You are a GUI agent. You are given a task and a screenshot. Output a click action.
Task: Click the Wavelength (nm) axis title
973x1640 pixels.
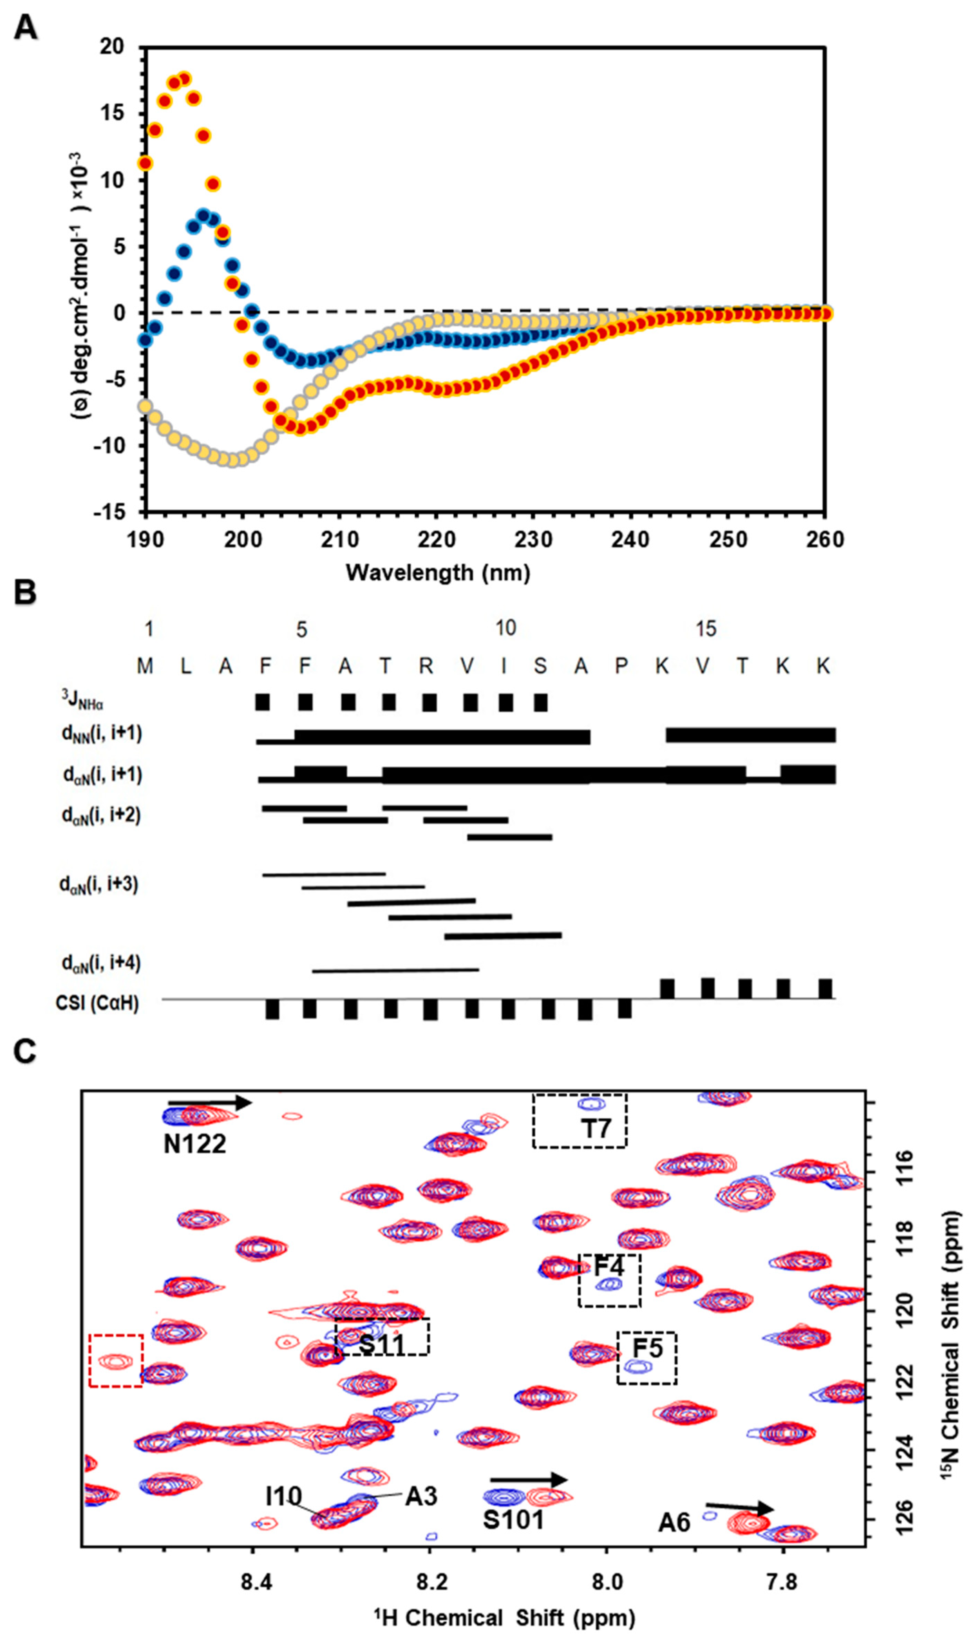(x=438, y=572)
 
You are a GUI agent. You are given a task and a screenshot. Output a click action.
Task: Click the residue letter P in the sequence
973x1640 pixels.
(x=621, y=666)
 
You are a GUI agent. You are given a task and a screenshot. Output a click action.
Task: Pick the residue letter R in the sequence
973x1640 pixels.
(x=426, y=666)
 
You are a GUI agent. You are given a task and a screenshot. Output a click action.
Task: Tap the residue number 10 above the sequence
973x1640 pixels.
(x=505, y=628)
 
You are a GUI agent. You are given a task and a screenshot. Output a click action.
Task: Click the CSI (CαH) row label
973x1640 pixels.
(x=97, y=1003)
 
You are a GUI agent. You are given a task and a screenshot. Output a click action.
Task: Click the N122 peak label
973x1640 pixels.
(x=195, y=1144)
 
